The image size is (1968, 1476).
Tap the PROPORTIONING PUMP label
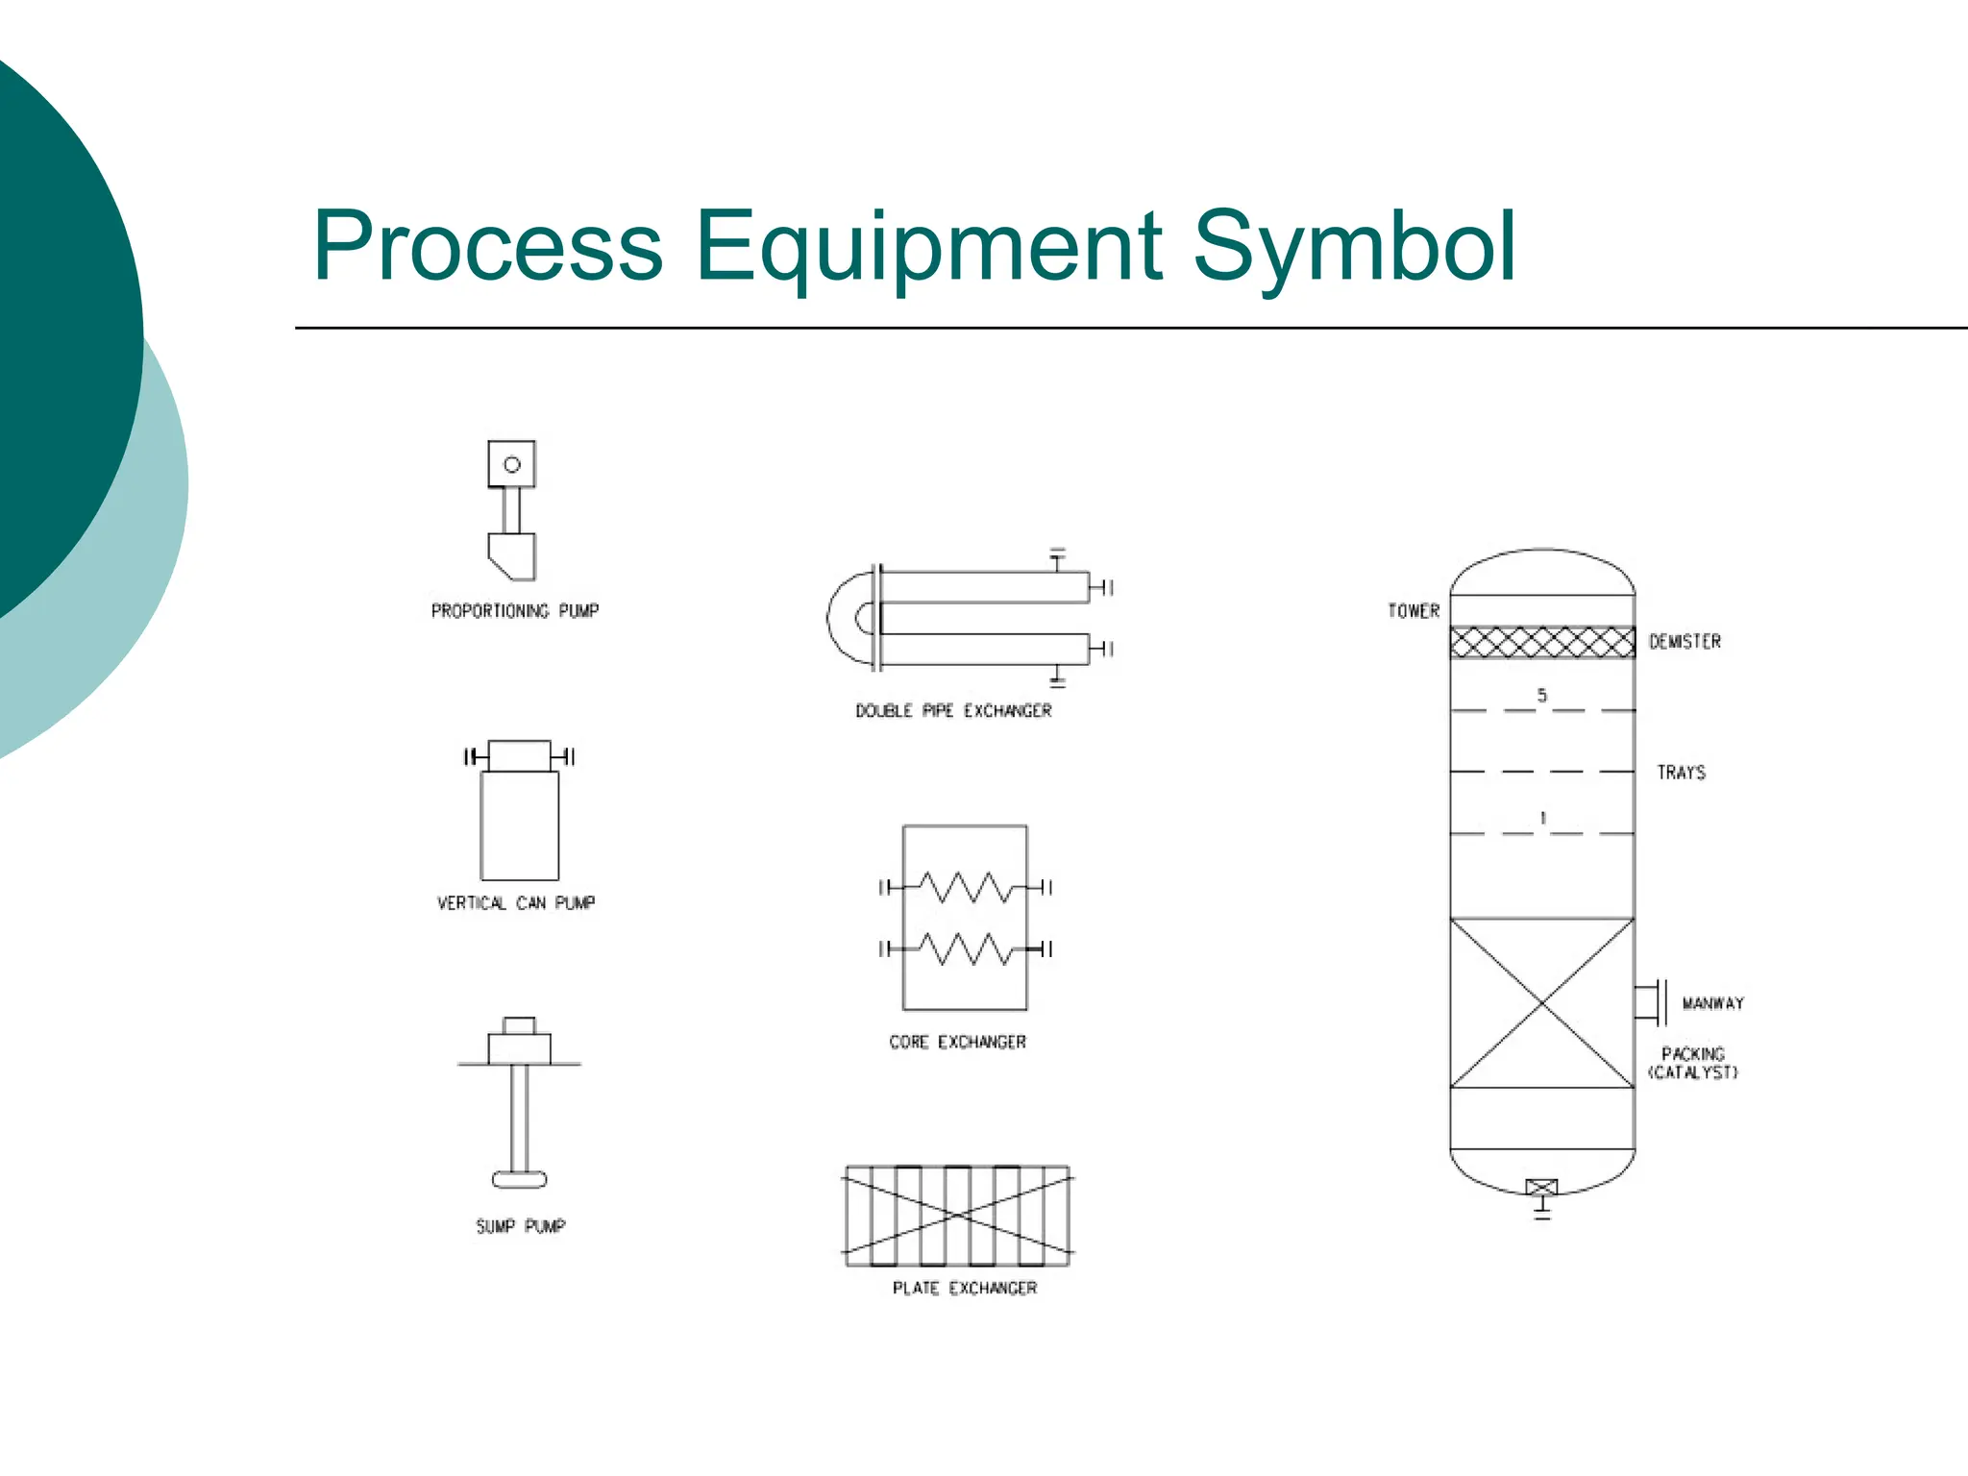click(x=515, y=611)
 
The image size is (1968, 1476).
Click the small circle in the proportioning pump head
click(x=512, y=465)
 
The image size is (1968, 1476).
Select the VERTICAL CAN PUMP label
click(x=516, y=903)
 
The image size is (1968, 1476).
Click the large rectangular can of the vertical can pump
click(x=520, y=826)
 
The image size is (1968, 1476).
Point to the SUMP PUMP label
click(x=521, y=1226)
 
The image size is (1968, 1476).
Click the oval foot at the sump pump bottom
click(x=520, y=1179)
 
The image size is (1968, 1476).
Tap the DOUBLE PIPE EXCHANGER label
click(x=953, y=711)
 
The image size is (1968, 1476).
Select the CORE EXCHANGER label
click(x=957, y=1042)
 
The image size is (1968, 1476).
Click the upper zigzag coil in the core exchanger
click(x=965, y=887)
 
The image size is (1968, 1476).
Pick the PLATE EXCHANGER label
click(x=965, y=1288)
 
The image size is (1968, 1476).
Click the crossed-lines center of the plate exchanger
click(x=958, y=1217)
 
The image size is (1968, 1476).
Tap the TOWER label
click(x=1414, y=611)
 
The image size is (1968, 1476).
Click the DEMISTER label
click(x=1685, y=642)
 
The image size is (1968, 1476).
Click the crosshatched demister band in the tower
click(x=1542, y=642)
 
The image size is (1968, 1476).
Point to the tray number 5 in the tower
click(x=1542, y=695)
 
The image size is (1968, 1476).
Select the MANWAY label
click(x=1712, y=1003)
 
